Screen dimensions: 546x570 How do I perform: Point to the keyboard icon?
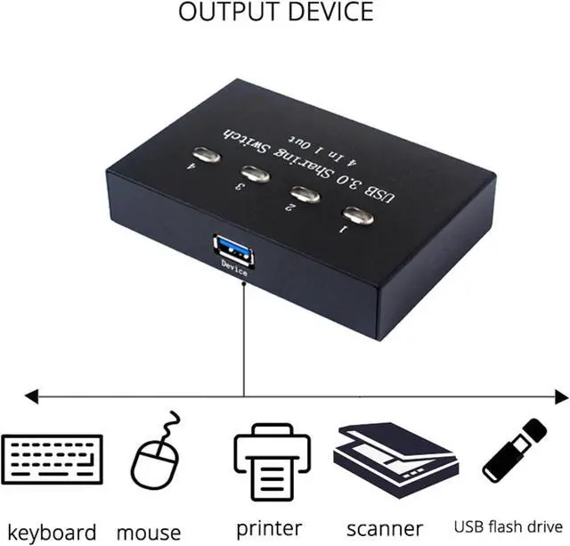pyautogui.click(x=53, y=458)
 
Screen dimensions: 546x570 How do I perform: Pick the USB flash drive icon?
pyautogui.click(x=515, y=451)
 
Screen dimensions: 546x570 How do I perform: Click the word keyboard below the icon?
pyautogui.click(x=53, y=532)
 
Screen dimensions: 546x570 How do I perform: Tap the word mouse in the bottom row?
pyautogui.click(x=149, y=532)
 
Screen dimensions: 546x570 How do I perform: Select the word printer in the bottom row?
pyautogui.click(x=269, y=528)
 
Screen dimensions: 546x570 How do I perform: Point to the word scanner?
pyautogui.click(x=385, y=529)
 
